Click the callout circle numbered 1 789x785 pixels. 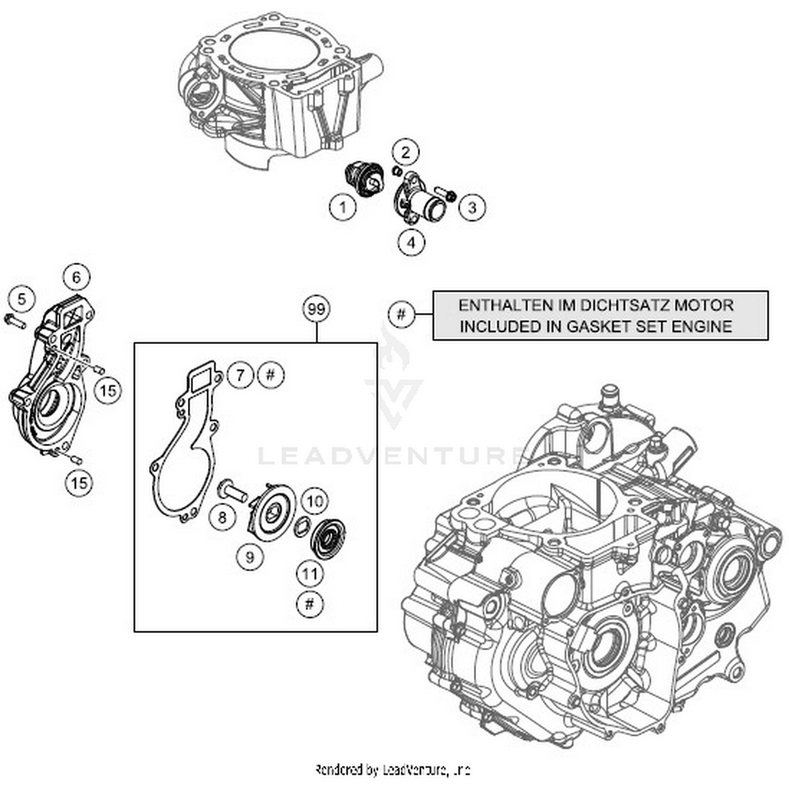coord(342,207)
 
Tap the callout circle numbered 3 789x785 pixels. coord(472,207)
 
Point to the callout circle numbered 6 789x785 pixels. coord(76,277)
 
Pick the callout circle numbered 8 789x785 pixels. coord(222,517)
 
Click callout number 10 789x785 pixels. coord(315,501)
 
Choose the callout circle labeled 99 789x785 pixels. coord(317,309)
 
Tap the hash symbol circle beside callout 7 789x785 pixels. coord(270,375)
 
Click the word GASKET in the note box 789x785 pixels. coord(598,327)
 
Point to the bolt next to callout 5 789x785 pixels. coord(14,320)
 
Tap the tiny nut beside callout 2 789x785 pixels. coord(398,172)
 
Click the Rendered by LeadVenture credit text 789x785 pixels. coord(392,771)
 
